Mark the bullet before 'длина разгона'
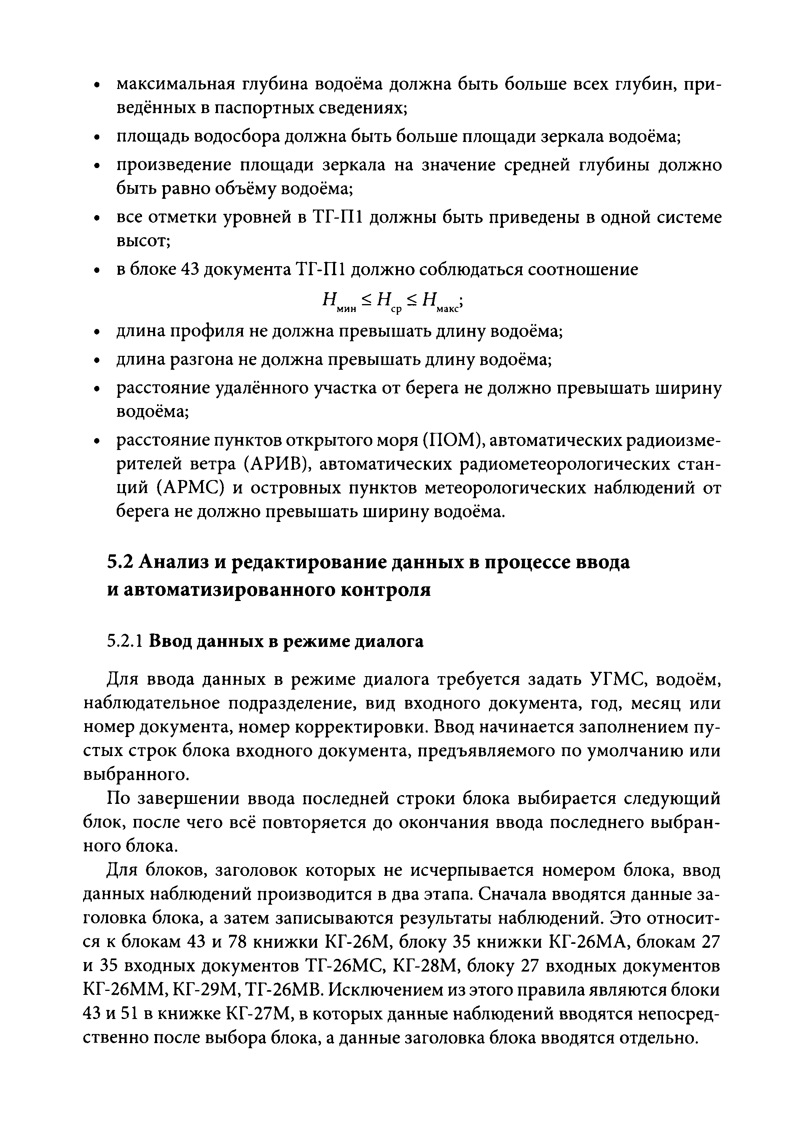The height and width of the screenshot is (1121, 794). pos(97,361)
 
